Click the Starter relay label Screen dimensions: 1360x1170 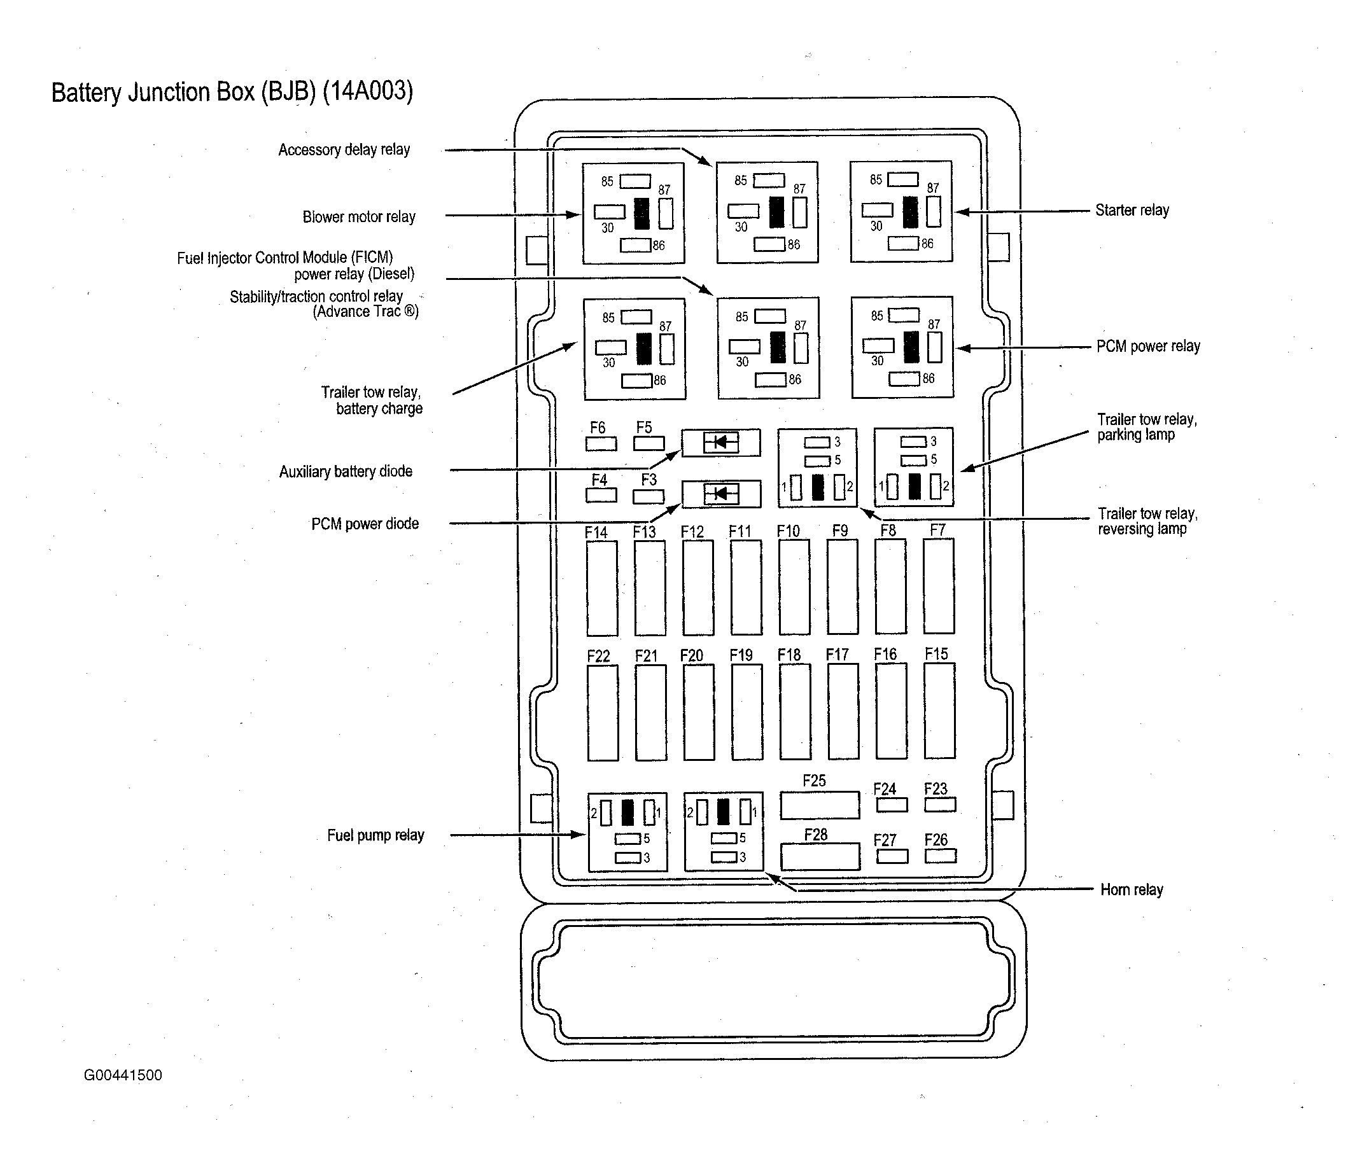tap(1132, 210)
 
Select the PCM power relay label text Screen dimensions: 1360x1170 tap(1148, 346)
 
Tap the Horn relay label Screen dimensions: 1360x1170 tap(1132, 889)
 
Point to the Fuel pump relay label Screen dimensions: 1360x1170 tap(375, 835)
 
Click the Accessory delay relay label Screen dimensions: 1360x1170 tap(344, 150)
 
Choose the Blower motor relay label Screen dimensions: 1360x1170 tap(358, 216)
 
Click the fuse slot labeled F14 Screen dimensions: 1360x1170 tap(602, 588)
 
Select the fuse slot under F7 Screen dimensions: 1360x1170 tap(939, 586)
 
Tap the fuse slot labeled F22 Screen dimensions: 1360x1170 tap(603, 713)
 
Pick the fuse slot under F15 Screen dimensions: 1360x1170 tap(939, 711)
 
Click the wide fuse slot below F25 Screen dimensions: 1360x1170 tap(820, 805)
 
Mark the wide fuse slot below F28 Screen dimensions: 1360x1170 tap(820, 856)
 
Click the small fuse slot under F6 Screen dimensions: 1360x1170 tap(601, 443)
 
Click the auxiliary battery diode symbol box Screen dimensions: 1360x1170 tap(720, 442)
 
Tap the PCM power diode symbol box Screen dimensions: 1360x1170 tap(721, 494)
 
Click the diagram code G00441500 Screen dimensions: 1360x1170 tap(123, 1075)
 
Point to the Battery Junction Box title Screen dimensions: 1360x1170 tap(232, 91)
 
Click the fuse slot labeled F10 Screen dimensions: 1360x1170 tap(794, 587)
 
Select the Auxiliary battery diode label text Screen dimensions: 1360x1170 tap(346, 471)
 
